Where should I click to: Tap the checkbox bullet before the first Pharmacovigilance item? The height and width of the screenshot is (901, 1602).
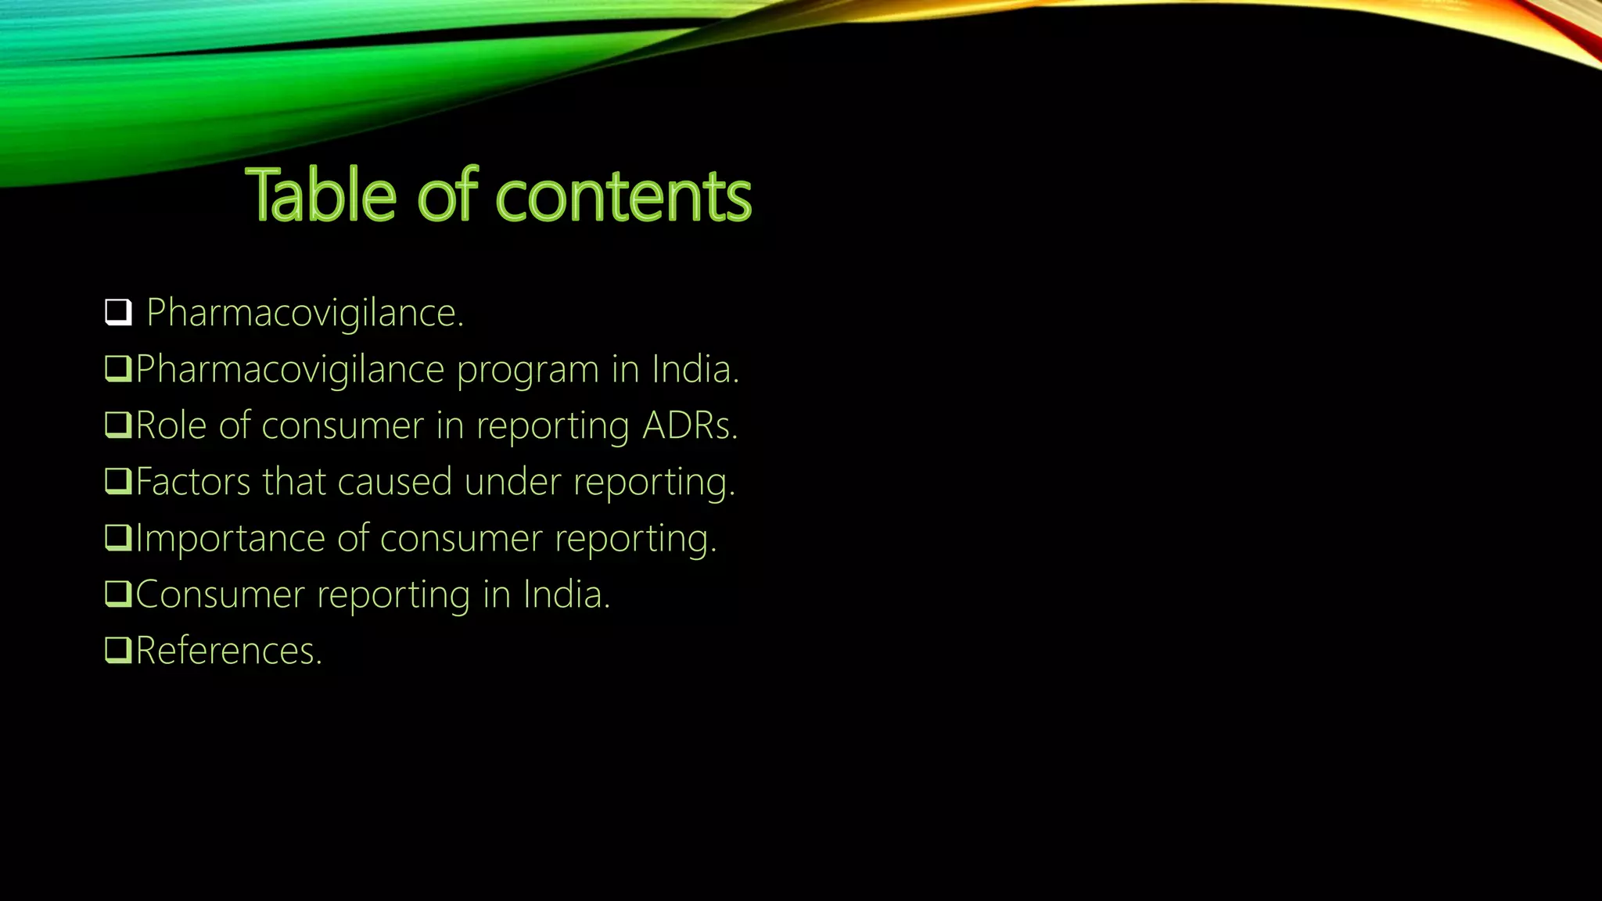[x=118, y=313]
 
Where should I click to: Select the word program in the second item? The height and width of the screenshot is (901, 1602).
[x=527, y=370]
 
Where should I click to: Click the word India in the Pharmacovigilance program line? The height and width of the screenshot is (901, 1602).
[x=694, y=369]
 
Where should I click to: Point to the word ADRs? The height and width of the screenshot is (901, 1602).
[x=688, y=426]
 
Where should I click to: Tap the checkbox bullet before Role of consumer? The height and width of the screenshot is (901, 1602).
[x=118, y=425]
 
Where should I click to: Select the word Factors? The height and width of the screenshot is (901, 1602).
[x=192, y=482]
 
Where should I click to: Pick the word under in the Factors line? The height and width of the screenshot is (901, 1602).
[x=512, y=482]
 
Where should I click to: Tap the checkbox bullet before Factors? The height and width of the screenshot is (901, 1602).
[x=118, y=482]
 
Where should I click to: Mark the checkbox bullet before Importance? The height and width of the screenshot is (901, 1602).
[x=118, y=538]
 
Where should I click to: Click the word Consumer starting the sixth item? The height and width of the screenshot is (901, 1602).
[x=220, y=595]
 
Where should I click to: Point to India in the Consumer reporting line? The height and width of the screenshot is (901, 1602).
[x=565, y=594]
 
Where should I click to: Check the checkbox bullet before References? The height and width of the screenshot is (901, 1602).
[x=118, y=651]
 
